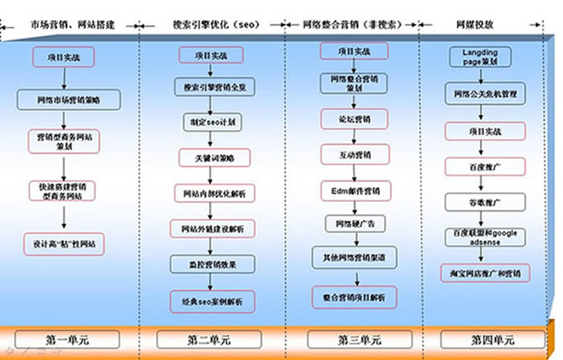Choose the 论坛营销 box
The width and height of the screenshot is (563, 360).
[x=348, y=118]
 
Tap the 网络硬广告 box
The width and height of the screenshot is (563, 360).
[x=348, y=223]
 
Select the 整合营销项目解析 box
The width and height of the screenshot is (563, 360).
[x=348, y=295]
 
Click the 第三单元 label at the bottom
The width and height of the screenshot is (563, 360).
[x=347, y=339]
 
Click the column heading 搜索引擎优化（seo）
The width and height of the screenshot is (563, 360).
[x=209, y=25]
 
